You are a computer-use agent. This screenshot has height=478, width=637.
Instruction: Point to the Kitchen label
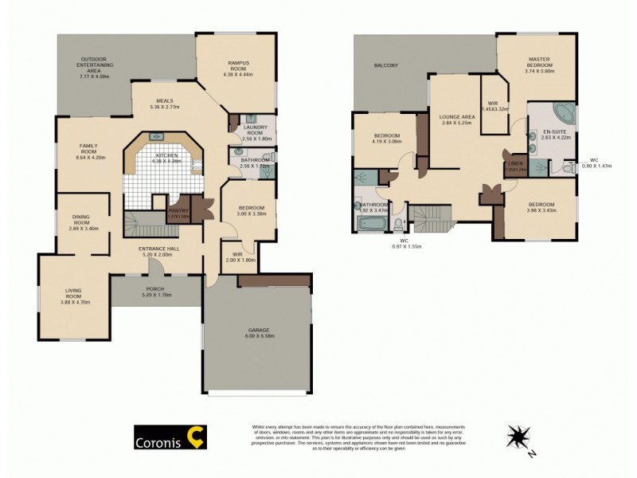pyautogui.click(x=166, y=158)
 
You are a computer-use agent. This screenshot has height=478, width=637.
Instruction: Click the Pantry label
pyautogui.click(x=178, y=210)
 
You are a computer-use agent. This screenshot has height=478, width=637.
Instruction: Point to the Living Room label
pyautogui.click(x=76, y=296)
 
